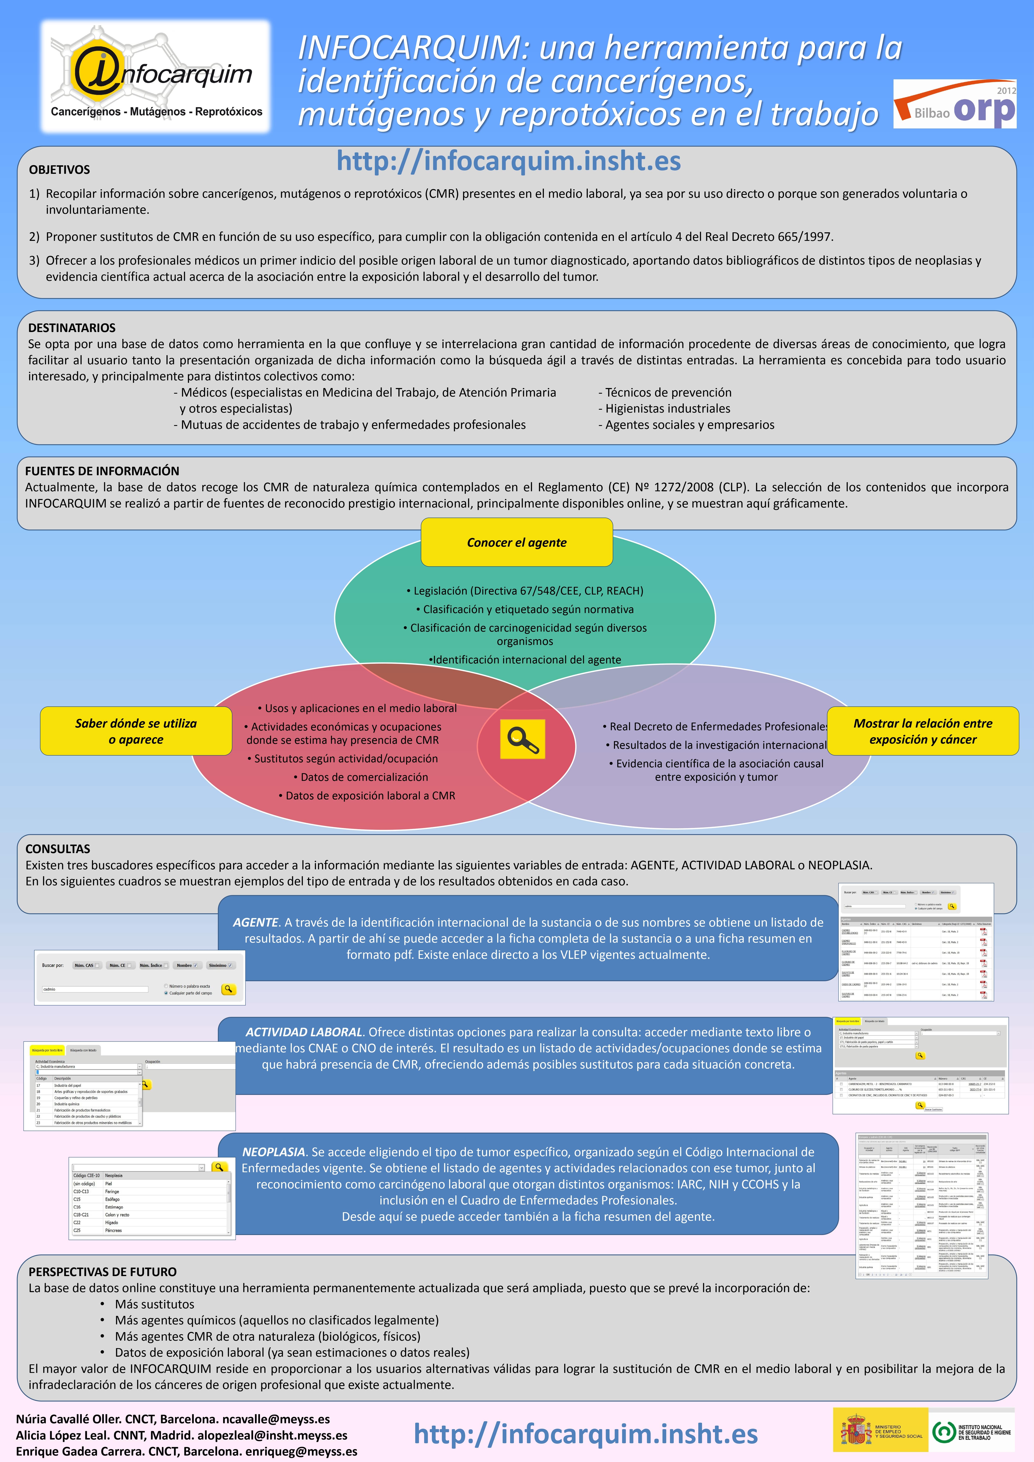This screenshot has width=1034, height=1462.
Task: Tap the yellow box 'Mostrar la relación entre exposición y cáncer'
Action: tap(923, 731)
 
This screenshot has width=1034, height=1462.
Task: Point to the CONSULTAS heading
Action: tap(58, 849)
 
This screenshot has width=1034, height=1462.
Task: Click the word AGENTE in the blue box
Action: tap(255, 922)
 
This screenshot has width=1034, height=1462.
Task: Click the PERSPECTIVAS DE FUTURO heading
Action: tap(103, 1272)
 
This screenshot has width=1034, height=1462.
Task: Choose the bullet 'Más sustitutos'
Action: tap(155, 1304)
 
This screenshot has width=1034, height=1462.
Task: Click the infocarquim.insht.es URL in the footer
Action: tap(586, 1434)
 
